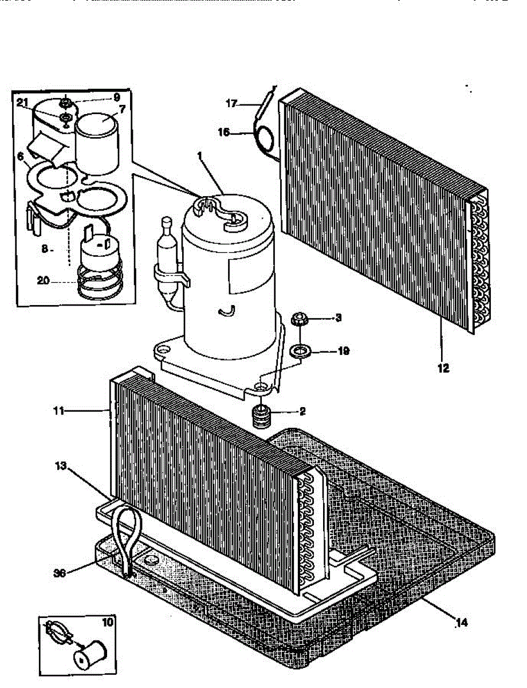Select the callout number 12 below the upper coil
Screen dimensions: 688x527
(443, 369)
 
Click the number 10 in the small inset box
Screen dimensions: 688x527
(107, 622)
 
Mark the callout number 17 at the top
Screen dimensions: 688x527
(231, 104)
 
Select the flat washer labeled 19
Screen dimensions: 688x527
(297, 350)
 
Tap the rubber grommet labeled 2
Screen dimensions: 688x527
(261, 414)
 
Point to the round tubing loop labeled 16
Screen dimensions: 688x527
(265, 139)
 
